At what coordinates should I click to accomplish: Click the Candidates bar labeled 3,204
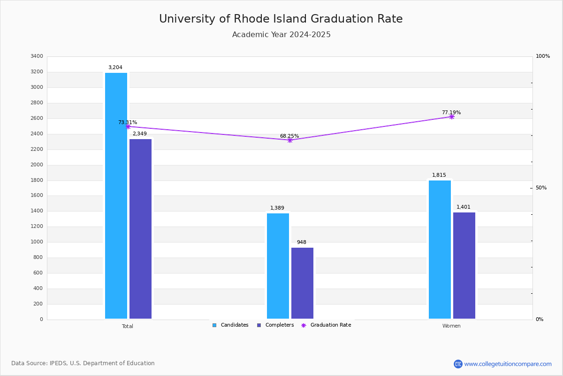coord(116,196)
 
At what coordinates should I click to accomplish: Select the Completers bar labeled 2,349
coord(140,229)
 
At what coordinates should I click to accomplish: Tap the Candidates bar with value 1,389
coord(278,266)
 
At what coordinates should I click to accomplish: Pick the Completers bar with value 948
coord(302,283)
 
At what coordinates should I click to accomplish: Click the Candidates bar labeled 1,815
coord(440,250)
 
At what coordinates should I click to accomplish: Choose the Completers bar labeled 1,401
coord(464,266)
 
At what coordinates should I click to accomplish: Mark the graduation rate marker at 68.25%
coord(290,140)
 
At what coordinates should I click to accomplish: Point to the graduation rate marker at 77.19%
coord(452,117)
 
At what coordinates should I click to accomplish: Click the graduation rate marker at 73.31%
coord(128,127)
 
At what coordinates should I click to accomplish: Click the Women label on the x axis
coord(451,326)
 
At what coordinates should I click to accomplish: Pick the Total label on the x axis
coord(128,326)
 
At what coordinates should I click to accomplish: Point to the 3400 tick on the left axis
coord(37,56)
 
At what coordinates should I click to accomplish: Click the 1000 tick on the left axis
coord(37,242)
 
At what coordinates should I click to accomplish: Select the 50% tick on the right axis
coord(541,188)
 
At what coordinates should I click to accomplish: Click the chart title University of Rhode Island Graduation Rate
coord(281,19)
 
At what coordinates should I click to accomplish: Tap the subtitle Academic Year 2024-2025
coord(281,35)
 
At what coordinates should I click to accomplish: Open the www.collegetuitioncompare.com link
coord(508,364)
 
